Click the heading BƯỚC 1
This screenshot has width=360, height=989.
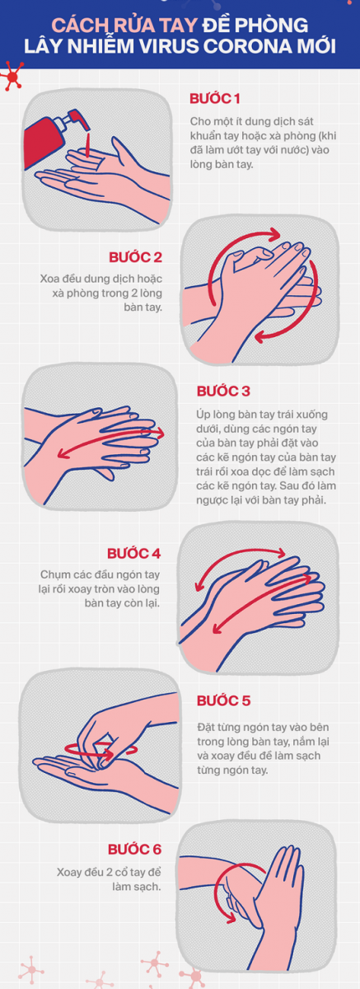pyautogui.click(x=214, y=98)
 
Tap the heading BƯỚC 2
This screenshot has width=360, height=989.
pyautogui.click(x=135, y=257)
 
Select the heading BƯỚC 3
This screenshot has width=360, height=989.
pyautogui.click(x=223, y=391)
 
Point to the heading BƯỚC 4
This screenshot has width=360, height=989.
pyautogui.click(x=133, y=553)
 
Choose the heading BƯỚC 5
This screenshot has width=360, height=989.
pyautogui.click(x=223, y=701)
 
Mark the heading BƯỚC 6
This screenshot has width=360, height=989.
pyautogui.click(x=134, y=849)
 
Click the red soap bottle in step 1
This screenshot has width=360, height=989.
pyautogui.click(x=44, y=140)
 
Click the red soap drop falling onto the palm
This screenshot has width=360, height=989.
pyautogui.click(x=88, y=145)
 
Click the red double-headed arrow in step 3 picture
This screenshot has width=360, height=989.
pyautogui.click(x=110, y=443)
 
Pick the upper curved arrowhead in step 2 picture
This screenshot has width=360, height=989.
pyautogui.click(x=274, y=233)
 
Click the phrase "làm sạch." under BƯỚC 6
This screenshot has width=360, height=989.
pyautogui.click(x=136, y=886)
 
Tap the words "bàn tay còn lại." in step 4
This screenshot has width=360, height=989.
pyautogui.click(x=122, y=603)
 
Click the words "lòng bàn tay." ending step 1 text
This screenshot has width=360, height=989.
pyautogui.click(x=222, y=164)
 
